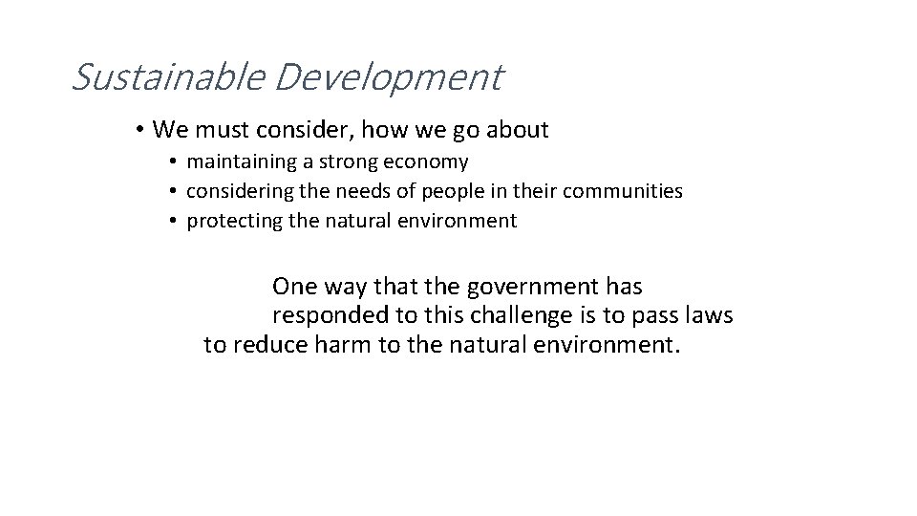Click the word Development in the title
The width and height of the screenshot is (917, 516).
(387, 77)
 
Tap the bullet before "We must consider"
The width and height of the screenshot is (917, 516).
(139, 129)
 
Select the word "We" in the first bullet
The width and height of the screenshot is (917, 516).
(169, 129)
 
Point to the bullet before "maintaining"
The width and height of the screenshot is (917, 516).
(175, 162)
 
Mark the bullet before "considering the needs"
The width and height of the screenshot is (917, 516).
(175, 192)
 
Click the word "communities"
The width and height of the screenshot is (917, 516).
(623, 192)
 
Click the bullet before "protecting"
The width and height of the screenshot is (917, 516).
(175, 222)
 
